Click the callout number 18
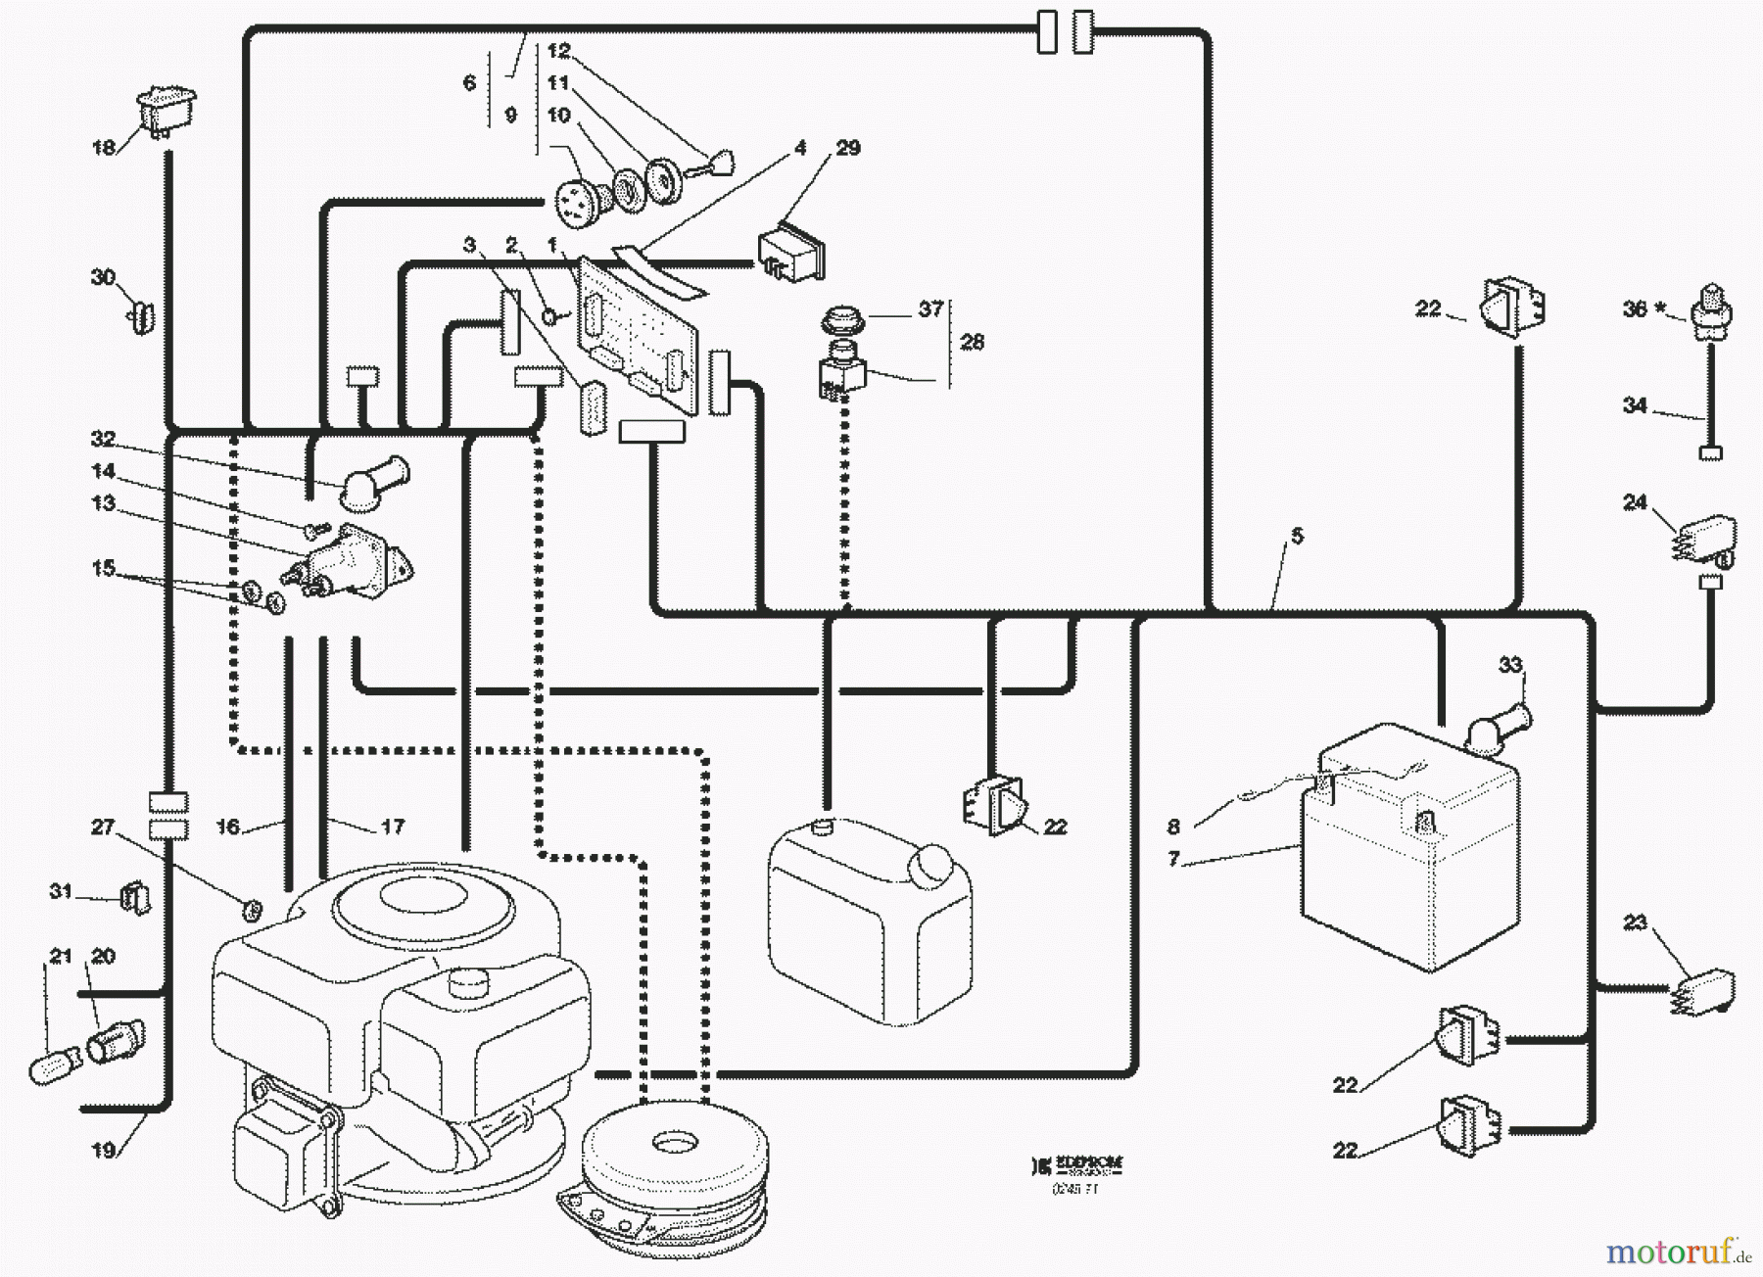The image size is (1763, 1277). click(104, 148)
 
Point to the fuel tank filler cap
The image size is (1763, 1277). click(930, 863)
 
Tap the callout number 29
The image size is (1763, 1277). click(848, 148)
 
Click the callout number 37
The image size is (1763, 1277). click(930, 309)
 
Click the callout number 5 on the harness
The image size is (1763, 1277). click(1297, 536)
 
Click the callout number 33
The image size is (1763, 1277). click(1510, 666)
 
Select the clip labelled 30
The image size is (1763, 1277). click(142, 316)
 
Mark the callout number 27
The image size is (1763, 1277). click(103, 828)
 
